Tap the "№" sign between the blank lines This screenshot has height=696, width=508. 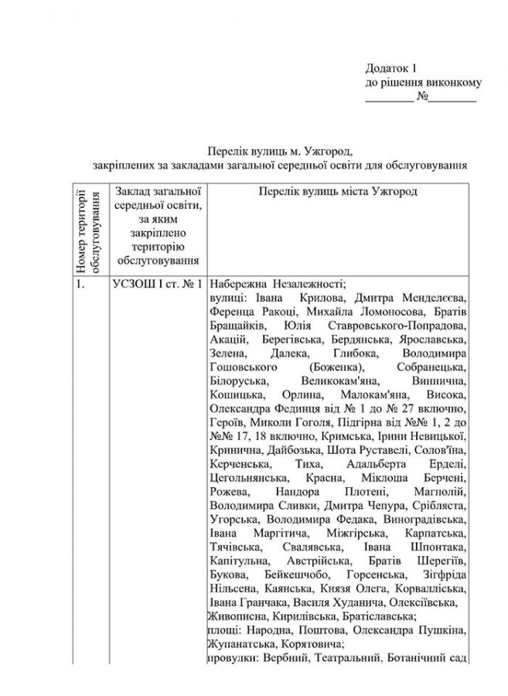point(422,97)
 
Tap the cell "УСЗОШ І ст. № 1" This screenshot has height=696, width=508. point(157,284)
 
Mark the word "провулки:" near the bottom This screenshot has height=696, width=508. point(234,659)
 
